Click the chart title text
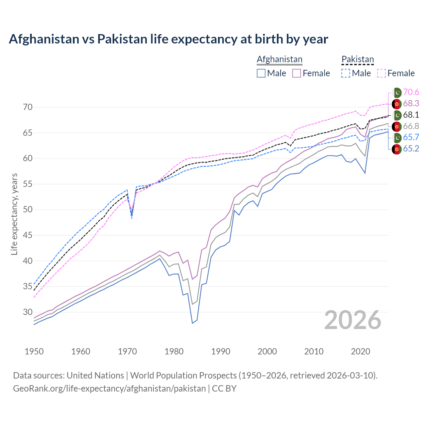(168, 39)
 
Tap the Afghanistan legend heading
(279, 59)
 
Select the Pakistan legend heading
(357, 59)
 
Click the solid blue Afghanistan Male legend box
(261, 73)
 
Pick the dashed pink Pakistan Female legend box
(382, 73)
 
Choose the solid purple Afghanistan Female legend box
(297, 73)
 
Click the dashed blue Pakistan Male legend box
(346, 73)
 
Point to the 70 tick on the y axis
(28, 107)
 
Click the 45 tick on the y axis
(28, 235)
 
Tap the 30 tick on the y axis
(28, 312)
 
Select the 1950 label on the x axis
(34, 351)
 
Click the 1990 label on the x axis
(221, 351)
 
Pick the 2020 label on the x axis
(360, 351)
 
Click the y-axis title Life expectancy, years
(14, 214)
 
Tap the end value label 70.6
(411, 92)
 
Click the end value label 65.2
(411, 149)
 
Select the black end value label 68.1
(411, 115)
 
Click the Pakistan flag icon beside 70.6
(397, 93)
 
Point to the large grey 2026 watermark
(352, 320)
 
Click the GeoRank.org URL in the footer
(109, 389)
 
